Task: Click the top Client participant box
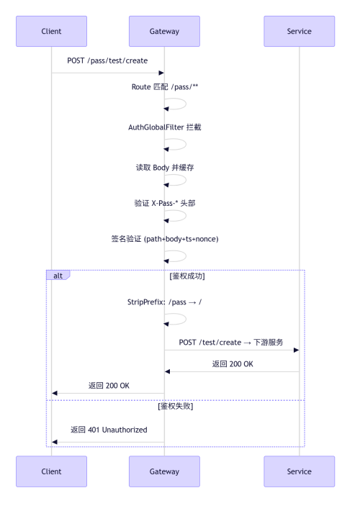point(52,31)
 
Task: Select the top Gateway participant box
point(164,31)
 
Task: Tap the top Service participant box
point(300,31)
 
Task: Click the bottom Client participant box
point(52,471)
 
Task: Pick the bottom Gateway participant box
point(164,471)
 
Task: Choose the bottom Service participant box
point(300,471)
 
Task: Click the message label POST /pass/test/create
point(107,60)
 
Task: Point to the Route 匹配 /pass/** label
point(165,87)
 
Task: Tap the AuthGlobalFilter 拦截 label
point(165,127)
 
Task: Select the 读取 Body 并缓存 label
point(165,168)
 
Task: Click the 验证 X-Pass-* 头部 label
point(165,204)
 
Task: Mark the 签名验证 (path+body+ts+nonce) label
point(165,239)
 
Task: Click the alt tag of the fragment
point(58,276)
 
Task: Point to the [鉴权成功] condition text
point(187,276)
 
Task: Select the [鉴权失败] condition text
point(176,406)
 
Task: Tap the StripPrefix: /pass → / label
point(165,302)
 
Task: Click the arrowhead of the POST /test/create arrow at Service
point(297,350)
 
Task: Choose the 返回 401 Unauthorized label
point(109,430)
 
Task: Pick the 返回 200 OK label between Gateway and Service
point(233,364)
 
